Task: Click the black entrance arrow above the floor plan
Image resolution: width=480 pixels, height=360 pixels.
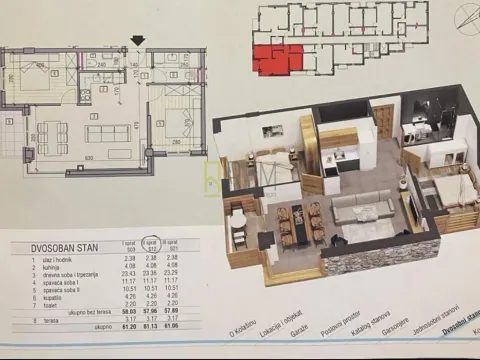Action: click(x=138, y=41)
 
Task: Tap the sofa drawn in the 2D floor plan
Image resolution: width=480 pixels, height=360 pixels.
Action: click(x=107, y=133)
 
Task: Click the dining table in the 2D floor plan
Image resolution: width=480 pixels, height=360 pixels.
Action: click(x=50, y=132)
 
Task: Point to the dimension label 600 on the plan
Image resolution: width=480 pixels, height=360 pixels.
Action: click(x=89, y=157)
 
